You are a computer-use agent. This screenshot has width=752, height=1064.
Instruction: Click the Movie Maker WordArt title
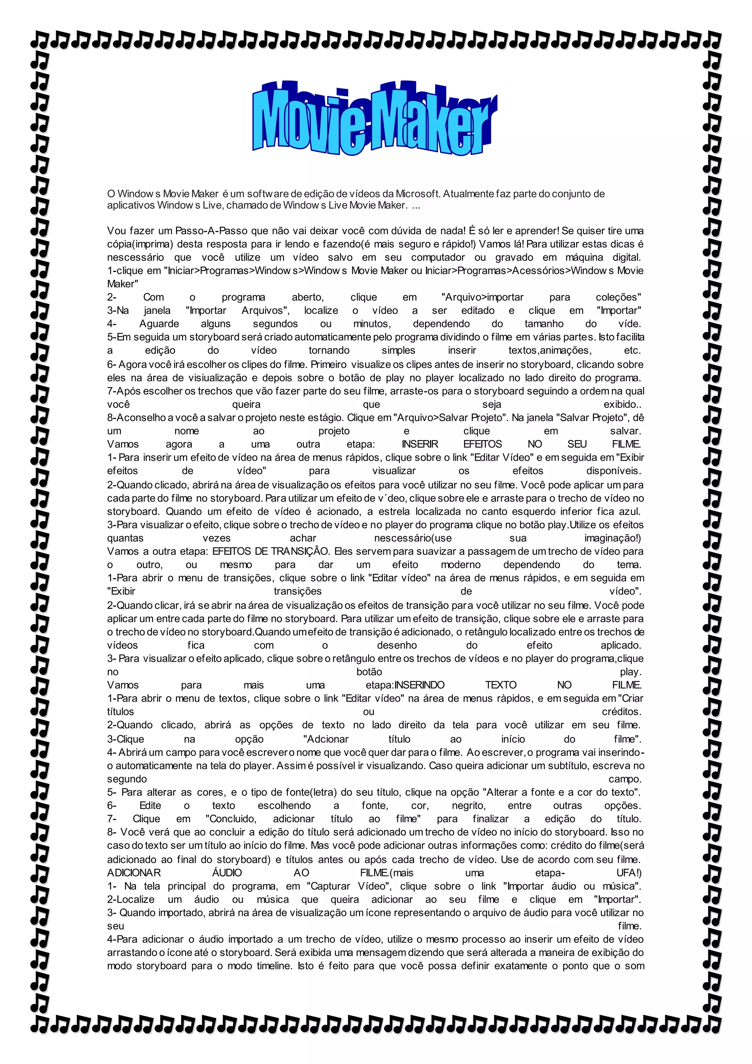tap(374, 119)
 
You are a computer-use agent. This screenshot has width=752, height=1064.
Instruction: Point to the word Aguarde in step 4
tap(159, 324)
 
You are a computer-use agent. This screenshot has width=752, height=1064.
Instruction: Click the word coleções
tap(618, 297)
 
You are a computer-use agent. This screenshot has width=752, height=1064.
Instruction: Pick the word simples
tap(398, 351)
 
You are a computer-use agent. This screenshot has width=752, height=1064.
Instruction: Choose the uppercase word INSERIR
tap(420, 444)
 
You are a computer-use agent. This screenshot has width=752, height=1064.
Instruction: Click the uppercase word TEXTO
tap(500, 685)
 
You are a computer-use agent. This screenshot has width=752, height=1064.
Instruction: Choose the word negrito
tap(469, 806)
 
